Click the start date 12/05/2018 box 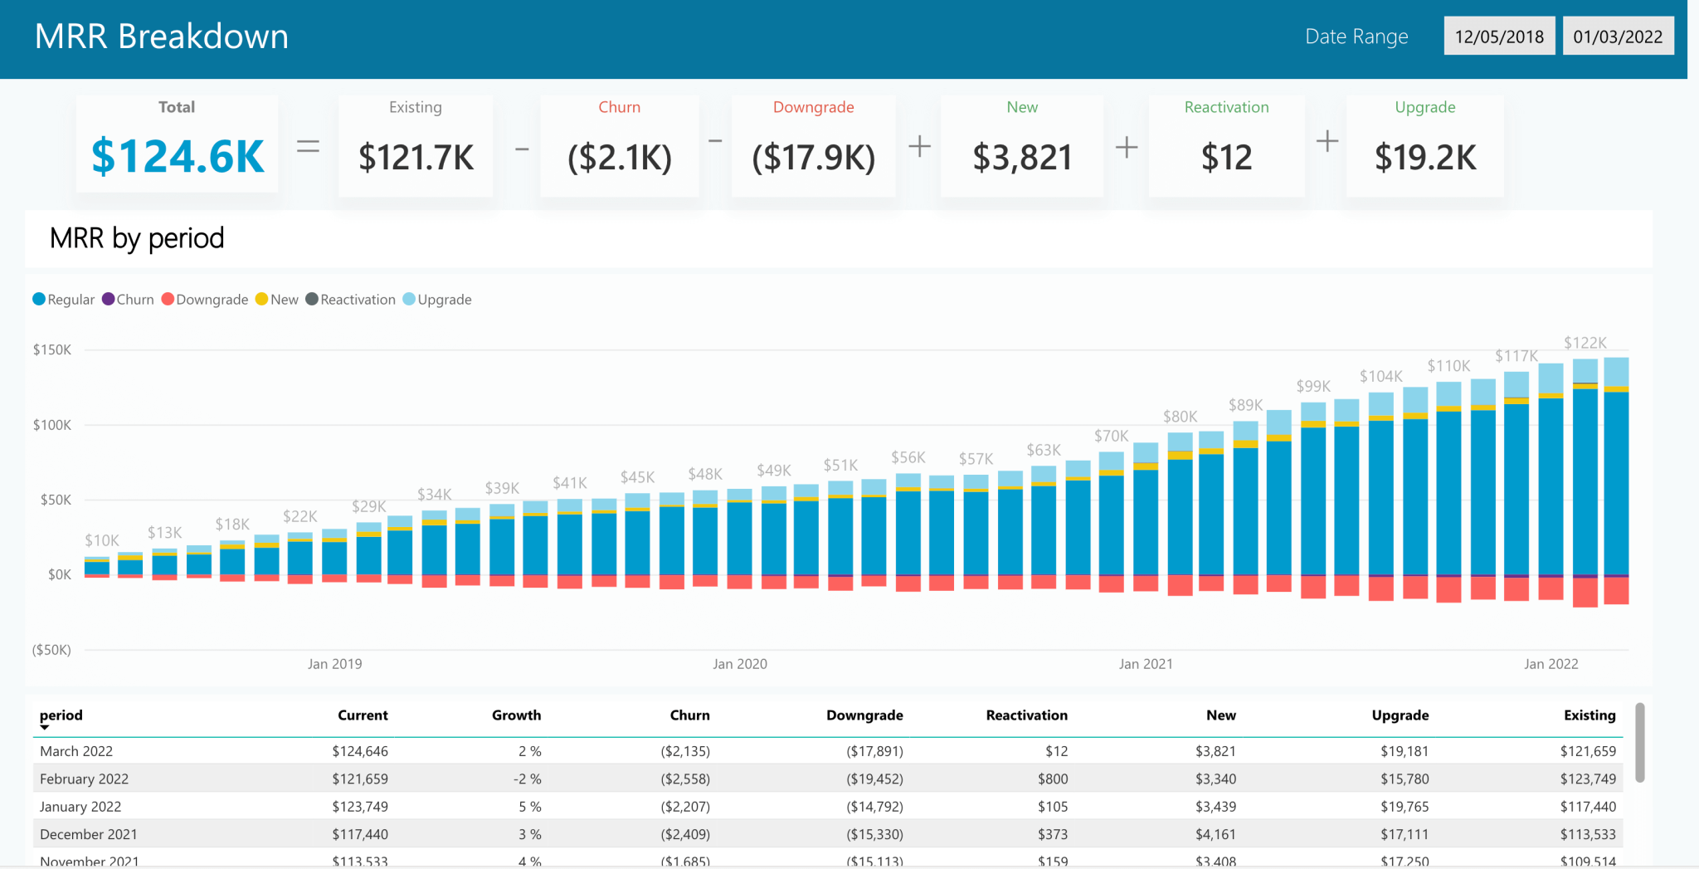point(1499,37)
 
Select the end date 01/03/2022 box point(1618,37)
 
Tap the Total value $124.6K point(178,156)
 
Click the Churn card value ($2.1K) point(620,157)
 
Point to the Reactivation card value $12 point(1226,157)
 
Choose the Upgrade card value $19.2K point(1425,157)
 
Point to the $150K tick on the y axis point(52,349)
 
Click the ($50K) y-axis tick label point(51,650)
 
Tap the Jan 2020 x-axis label point(740,664)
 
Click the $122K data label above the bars point(1585,343)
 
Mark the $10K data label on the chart point(102,540)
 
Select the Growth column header point(516,715)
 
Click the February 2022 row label point(84,779)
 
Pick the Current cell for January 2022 point(360,807)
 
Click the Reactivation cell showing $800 point(1052,779)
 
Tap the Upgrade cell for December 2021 point(1404,834)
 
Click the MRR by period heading point(137,238)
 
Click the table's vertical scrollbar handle point(1639,743)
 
